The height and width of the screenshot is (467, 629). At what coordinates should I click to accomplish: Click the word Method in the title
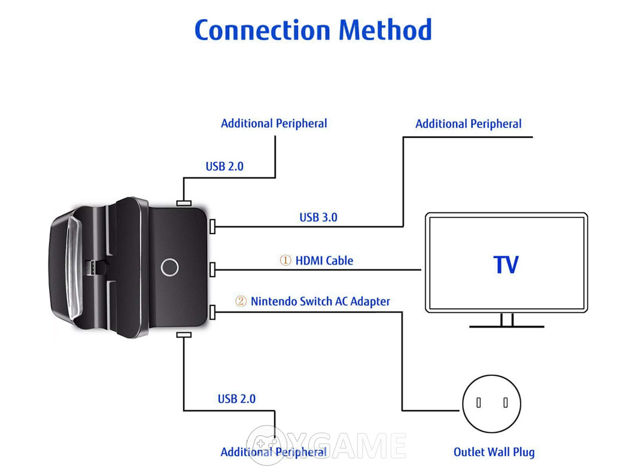point(385,30)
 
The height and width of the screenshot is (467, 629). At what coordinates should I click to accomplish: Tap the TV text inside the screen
point(506,265)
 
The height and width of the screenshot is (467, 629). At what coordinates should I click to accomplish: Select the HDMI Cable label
point(324,261)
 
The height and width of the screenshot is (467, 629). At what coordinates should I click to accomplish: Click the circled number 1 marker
point(285,260)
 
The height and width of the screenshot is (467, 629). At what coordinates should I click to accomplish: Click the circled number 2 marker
point(241,301)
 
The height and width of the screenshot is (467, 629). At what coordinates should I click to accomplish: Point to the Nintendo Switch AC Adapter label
point(320,301)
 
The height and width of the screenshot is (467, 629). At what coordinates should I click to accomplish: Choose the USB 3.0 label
point(318,217)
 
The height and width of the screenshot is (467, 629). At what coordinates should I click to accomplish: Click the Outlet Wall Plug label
point(494,452)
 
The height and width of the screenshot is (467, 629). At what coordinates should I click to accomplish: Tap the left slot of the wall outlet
point(478,402)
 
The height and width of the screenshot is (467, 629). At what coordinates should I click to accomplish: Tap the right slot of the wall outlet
point(506,402)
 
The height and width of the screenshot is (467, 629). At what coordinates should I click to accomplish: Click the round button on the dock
point(169,267)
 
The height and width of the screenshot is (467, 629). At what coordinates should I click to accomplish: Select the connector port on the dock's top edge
point(184,204)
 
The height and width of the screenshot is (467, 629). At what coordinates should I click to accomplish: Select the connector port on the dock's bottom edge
point(184,335)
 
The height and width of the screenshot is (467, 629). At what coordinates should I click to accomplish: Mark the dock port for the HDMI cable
point(212,269)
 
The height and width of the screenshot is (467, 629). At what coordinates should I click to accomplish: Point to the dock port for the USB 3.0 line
point(212,226)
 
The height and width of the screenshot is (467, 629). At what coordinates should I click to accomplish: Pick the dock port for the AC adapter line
point(212,312)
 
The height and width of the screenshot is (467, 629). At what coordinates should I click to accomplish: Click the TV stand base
point(507,326)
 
